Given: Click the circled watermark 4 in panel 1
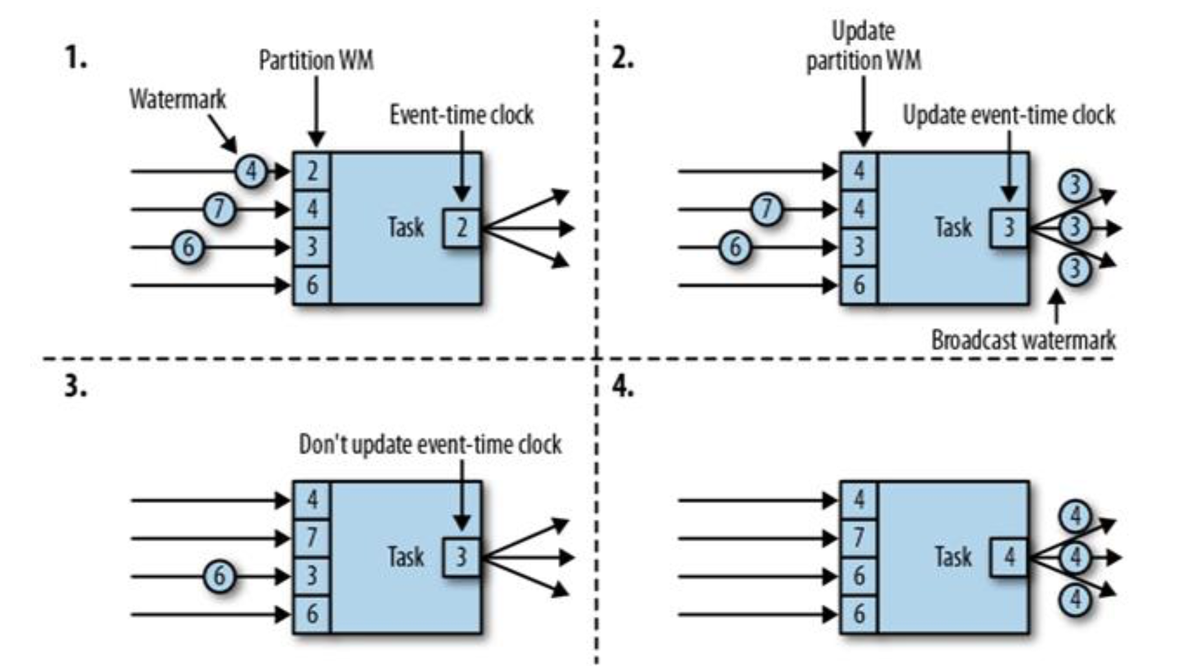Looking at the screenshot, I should (251, 171).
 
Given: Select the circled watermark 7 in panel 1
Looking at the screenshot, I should (219, 209).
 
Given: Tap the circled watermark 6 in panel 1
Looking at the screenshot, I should (188, 247).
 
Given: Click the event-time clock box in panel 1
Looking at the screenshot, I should (462, 228).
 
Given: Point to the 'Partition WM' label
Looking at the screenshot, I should (316, 61).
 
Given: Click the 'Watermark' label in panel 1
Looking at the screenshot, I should (178, 100).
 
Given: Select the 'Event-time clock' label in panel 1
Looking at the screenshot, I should (461, 115).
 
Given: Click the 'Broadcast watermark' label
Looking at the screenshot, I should (1023, 340).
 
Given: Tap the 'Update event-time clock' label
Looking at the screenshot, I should (1009, 115).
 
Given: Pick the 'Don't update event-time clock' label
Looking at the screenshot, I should (430, 445).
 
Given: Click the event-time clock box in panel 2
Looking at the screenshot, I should (1009, 228).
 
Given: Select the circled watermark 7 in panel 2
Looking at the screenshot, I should (767, 209).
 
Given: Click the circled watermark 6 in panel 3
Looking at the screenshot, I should (219, 576).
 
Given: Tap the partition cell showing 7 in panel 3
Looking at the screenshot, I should (312, 538).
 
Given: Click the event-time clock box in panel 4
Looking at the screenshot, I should (1009, 557).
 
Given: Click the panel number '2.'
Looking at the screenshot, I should (623, 59).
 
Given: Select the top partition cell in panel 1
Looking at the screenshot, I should (312, 171).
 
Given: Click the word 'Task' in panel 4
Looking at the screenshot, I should (953, 557).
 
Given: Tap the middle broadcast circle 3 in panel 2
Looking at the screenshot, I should (1075, 228).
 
